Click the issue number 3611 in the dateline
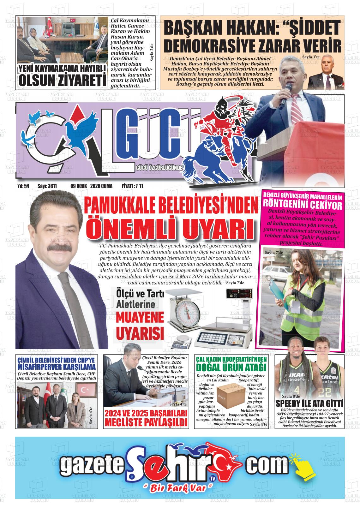tap(51, 186)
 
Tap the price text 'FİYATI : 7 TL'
tap(133, 186)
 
